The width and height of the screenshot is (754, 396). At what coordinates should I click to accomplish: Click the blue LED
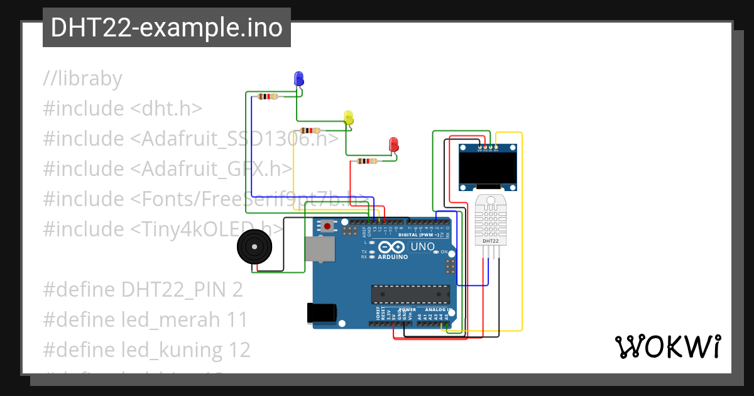299,79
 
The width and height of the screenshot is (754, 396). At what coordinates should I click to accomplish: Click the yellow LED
349,117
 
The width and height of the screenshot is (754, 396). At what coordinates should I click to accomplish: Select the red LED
394,144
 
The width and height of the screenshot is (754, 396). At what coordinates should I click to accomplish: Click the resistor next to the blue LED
268,96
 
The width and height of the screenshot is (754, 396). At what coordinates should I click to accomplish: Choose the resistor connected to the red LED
367,161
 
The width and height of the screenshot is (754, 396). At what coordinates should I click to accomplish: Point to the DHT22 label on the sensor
490,241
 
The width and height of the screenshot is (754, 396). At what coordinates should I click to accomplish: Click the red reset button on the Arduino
327,225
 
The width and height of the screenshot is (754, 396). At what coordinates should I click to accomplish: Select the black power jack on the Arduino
320,312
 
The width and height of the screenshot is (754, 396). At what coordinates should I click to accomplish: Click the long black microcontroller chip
410,294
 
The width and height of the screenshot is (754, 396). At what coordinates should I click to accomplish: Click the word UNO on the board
422,246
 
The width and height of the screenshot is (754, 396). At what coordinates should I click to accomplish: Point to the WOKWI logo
667,346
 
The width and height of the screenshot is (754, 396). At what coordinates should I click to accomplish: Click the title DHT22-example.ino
167,28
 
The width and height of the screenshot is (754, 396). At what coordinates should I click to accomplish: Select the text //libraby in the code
82,79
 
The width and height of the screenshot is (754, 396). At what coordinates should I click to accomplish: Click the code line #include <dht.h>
123,109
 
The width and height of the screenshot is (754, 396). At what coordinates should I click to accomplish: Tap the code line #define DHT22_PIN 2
143,290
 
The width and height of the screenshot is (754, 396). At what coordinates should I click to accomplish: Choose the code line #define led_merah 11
146,320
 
